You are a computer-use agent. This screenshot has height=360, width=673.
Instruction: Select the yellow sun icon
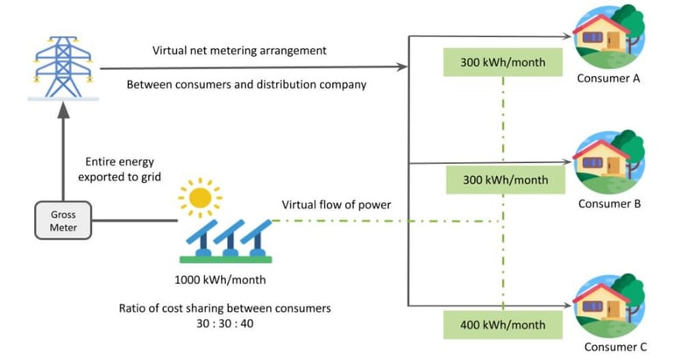[200, 197]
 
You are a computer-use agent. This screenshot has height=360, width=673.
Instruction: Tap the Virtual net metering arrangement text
[238, 51]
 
